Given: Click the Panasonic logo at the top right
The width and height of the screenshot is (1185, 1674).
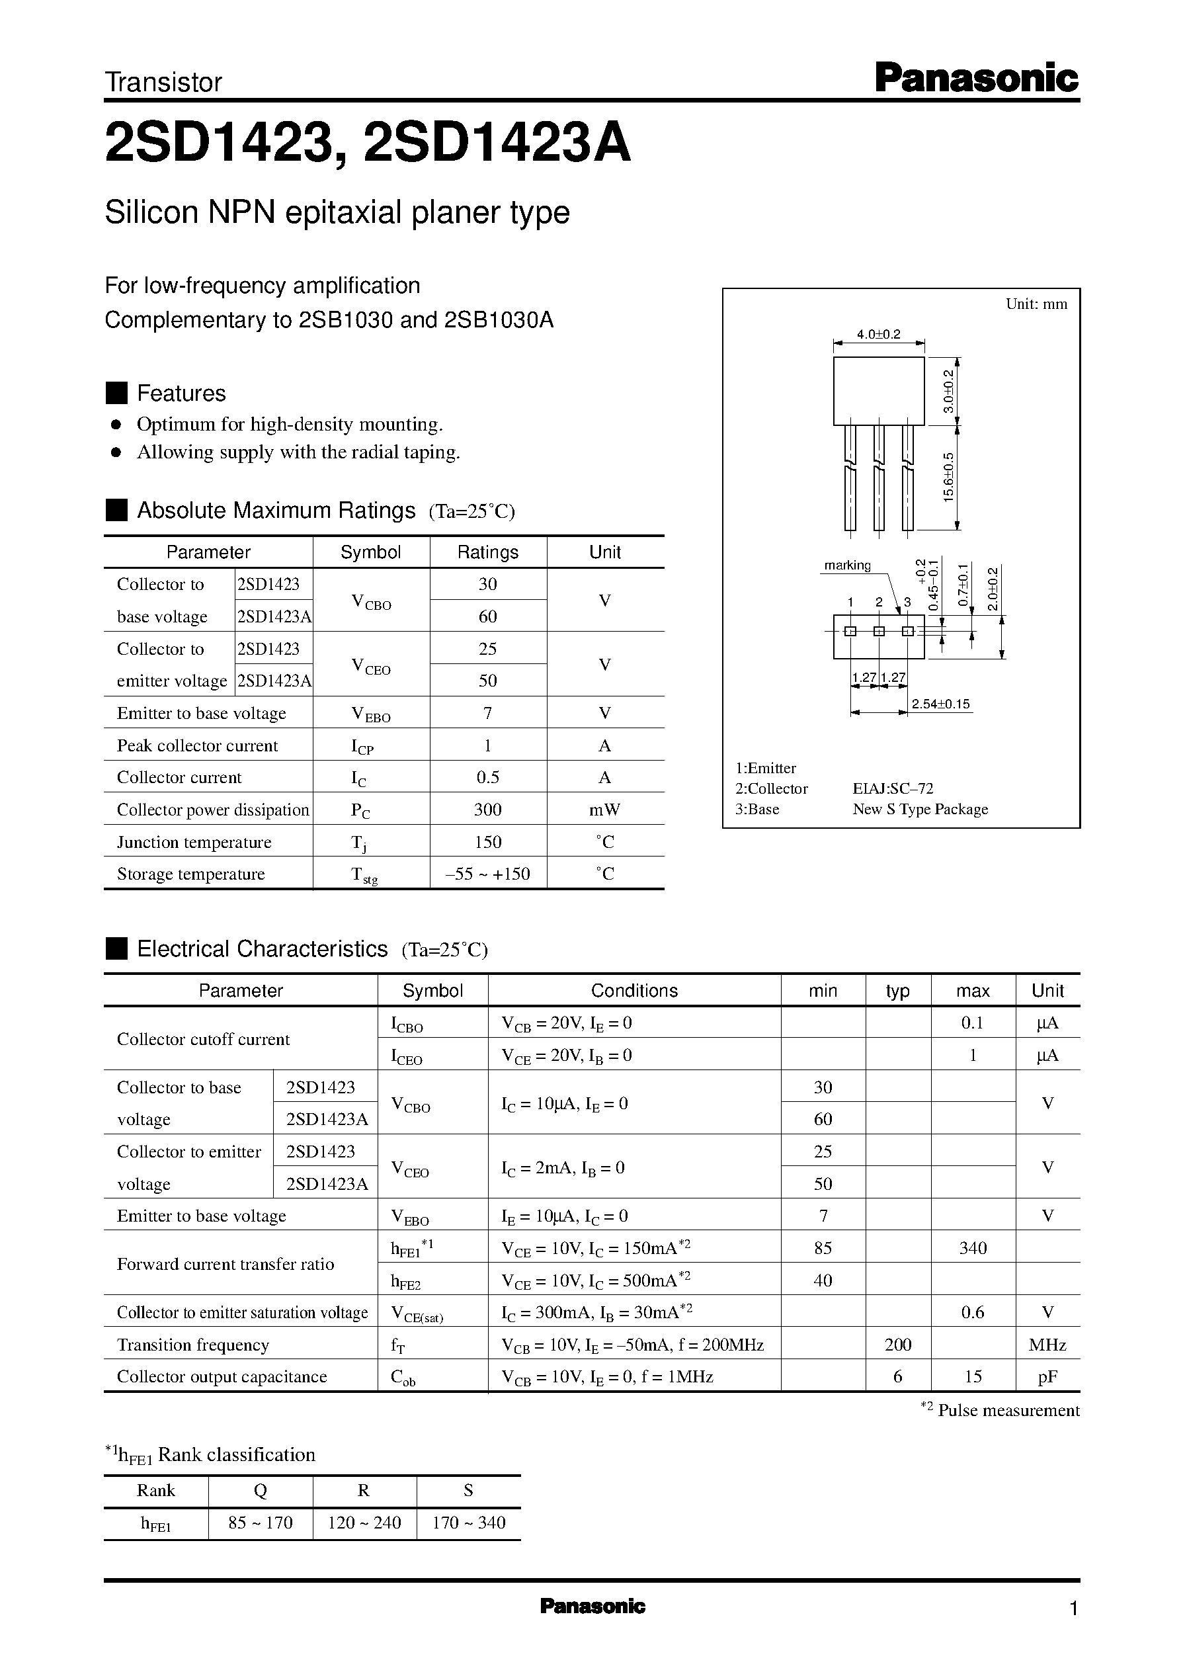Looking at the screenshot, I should (975, 78).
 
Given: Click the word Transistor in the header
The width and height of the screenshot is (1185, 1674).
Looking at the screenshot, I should (163, 83).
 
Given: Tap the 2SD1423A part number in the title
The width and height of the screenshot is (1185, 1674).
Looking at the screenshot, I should (496, 143).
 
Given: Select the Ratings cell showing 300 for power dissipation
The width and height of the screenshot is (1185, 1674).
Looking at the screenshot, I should (487, 810).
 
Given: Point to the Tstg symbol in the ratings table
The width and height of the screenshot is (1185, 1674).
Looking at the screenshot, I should (364, 875).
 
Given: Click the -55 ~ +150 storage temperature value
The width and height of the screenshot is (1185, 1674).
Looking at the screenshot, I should (487, 874).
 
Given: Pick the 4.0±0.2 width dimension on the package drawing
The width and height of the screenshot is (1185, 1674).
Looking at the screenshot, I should (879, 334).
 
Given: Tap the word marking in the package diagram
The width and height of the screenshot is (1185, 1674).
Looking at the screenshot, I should (847, 565).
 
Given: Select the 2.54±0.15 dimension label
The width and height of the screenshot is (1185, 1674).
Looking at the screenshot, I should (940, 704).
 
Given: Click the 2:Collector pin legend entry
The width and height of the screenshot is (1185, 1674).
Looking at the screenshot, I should (771, 789).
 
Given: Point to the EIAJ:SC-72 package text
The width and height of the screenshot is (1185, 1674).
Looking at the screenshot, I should (893, 789).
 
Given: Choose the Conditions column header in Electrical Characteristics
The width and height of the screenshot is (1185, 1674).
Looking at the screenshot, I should (634, 990).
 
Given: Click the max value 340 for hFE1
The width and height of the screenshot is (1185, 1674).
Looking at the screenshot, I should (973, 1248).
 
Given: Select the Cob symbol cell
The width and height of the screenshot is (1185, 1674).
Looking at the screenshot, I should (403, 1377).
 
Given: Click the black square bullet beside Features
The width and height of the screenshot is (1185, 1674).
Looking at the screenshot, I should (117, 393).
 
